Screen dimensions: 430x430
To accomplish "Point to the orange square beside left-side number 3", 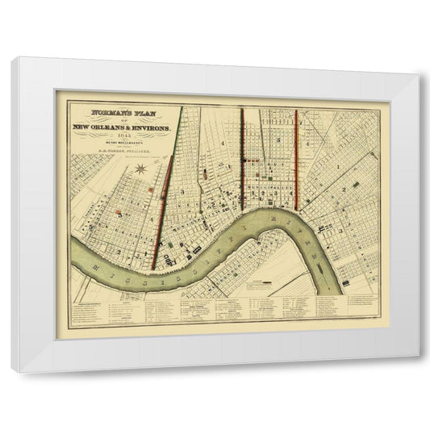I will [119, 215].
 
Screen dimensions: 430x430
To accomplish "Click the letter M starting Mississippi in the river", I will [86, 261].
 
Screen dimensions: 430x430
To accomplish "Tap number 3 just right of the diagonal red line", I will [183, 190].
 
